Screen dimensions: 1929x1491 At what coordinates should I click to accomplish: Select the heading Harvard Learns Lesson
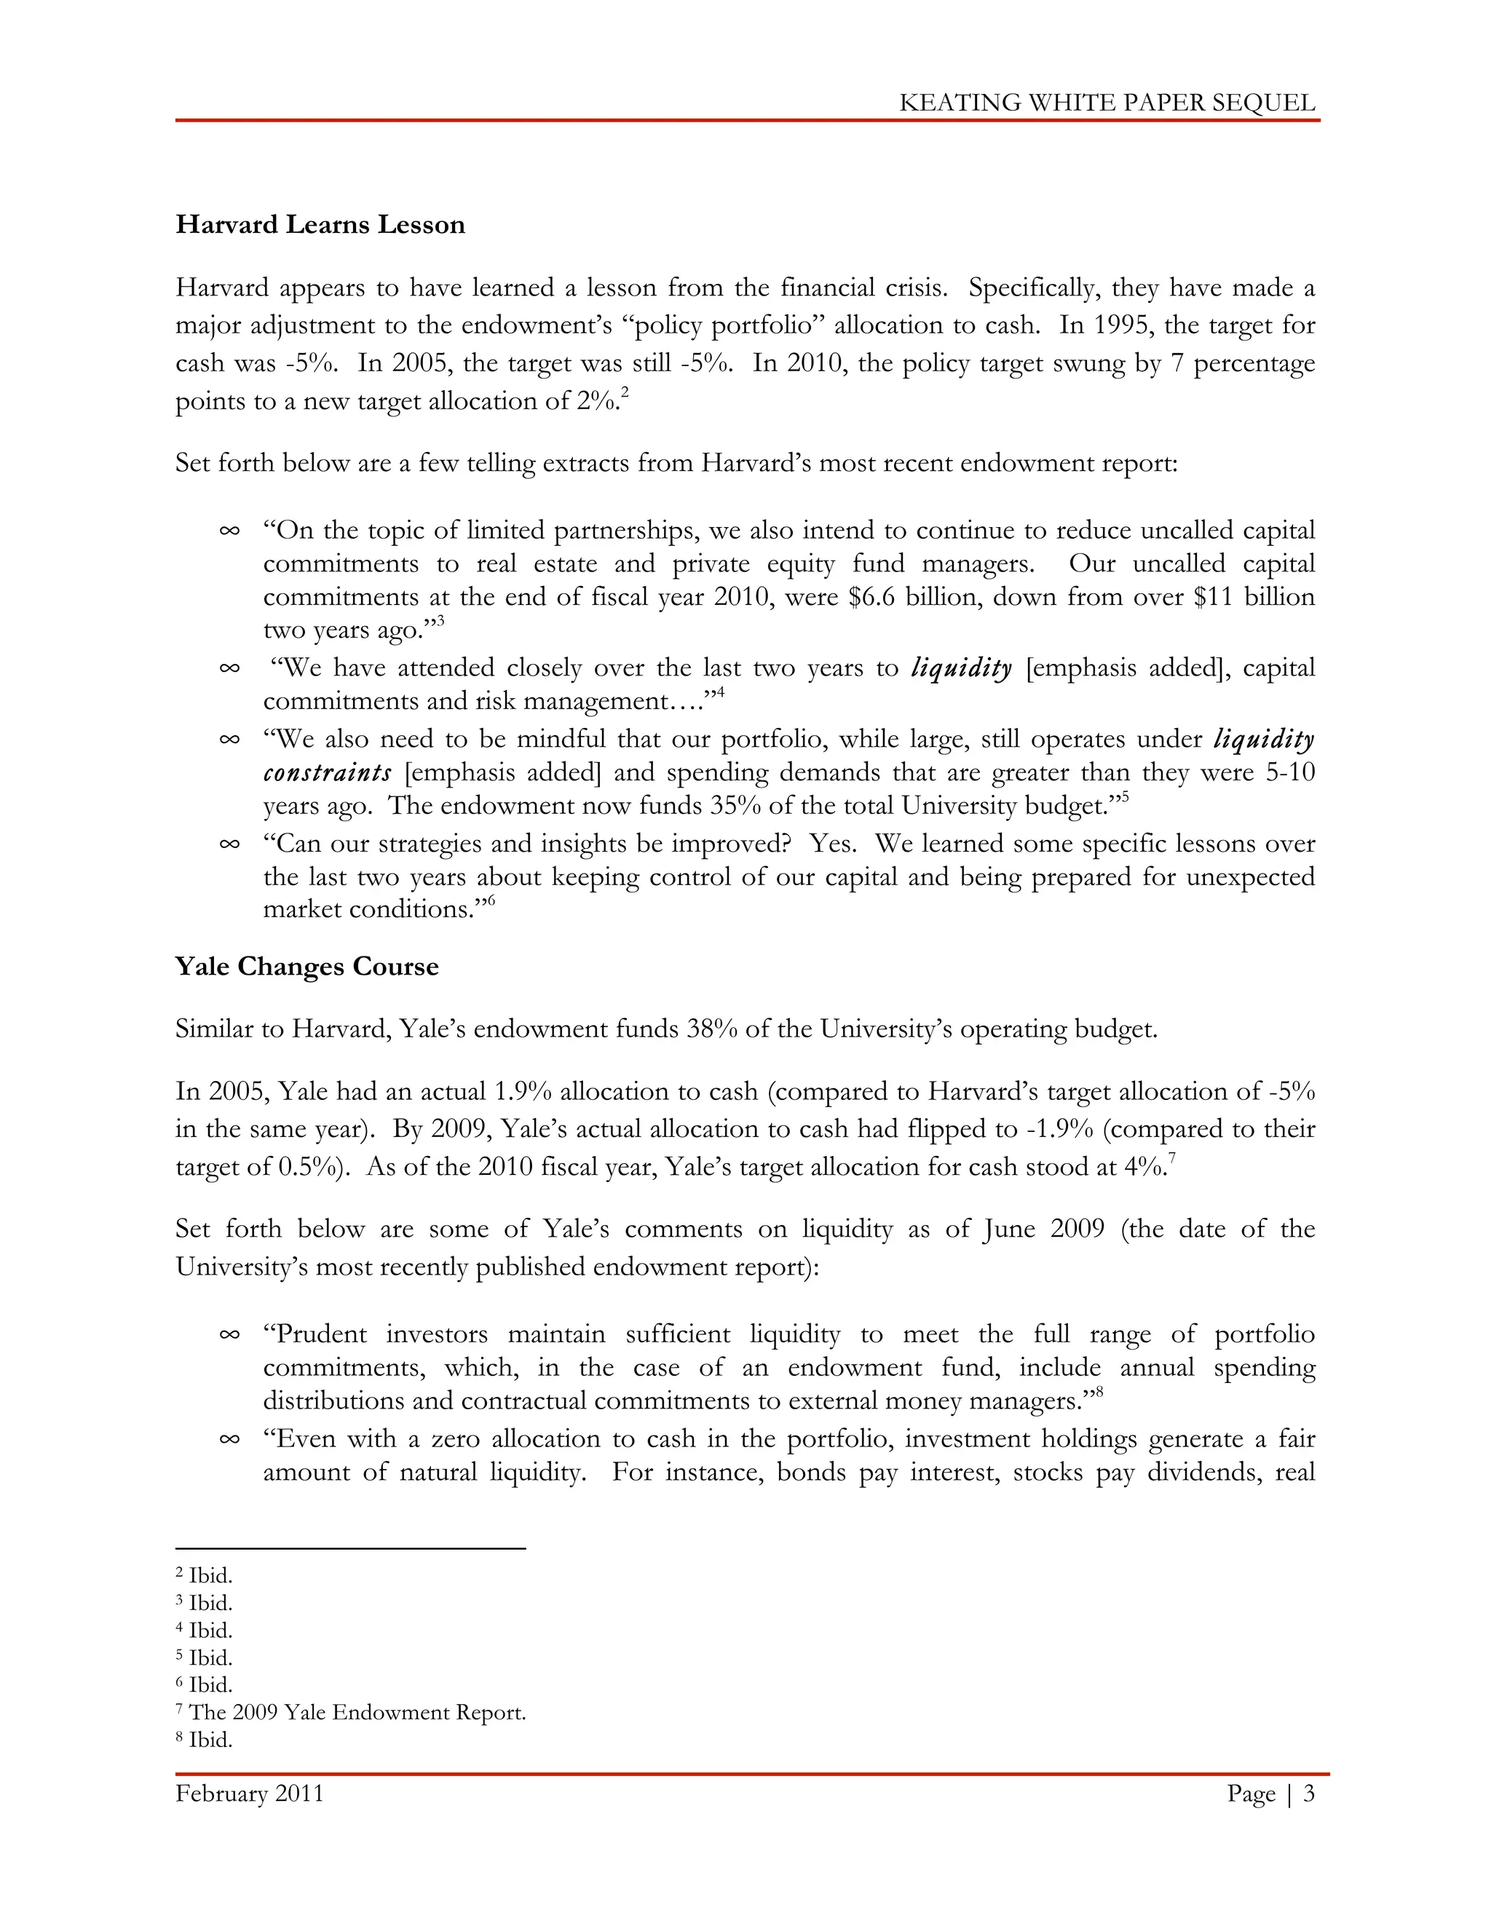[x=320, y=224]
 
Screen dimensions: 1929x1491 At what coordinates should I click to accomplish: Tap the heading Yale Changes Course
[x=306, y=966]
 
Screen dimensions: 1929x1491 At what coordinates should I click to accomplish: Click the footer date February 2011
[x=249, y=1794]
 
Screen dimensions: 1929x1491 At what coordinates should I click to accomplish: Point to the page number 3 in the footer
[x=1308, y=1794]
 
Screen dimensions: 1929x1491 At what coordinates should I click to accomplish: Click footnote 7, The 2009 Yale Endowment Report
[x=351, y=1713]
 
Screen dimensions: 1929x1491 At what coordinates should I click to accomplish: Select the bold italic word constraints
[x=327, y=773]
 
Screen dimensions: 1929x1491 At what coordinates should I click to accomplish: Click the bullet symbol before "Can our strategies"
[x=229, y=844]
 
